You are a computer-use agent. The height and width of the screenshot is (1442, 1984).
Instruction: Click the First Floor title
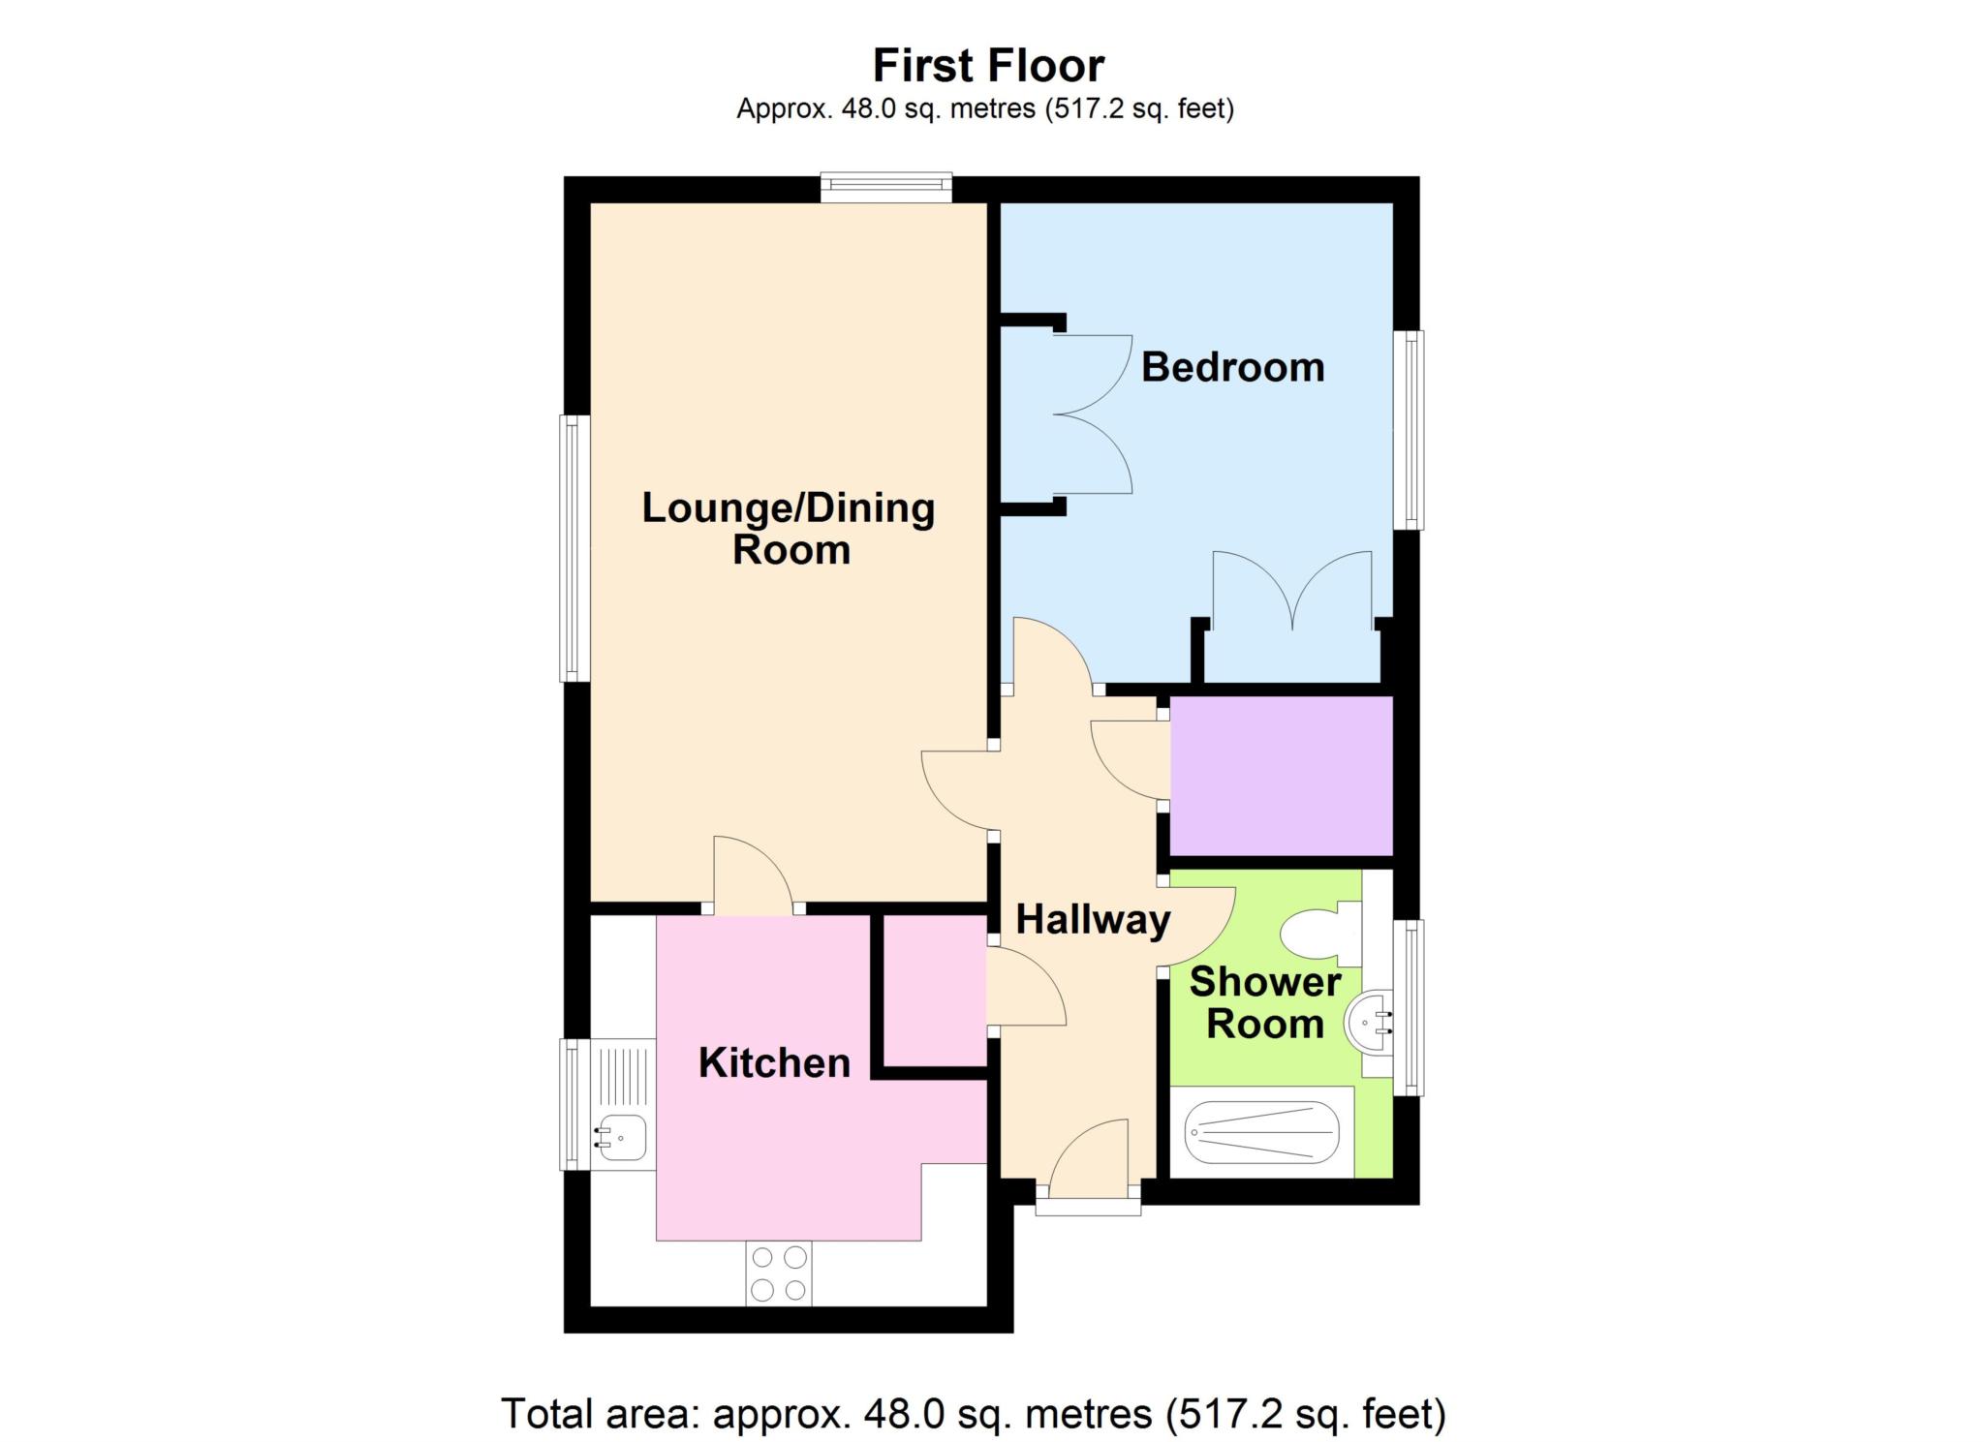tap(987, 66)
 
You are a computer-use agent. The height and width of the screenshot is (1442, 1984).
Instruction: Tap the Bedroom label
tap(1231, 368)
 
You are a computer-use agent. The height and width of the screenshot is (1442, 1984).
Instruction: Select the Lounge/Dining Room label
tap(789, 528)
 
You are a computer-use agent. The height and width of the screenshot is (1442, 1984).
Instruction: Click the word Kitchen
tap(774, 1063)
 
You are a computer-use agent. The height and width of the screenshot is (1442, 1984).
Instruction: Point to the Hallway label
tap(1092, 919)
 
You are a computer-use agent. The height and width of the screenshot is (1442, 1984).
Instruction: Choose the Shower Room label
tap(1264, 1002)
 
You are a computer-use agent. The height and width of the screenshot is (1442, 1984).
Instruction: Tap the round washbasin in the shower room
tap(1368, 1019)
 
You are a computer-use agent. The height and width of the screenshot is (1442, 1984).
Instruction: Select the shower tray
tap(1261, 1131)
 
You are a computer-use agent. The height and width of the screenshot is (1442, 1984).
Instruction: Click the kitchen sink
tap(621, 1137)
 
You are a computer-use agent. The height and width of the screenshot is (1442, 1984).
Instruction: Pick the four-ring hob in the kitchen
tap(779, 1273)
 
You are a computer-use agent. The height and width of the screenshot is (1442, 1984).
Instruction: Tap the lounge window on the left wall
tap(573, 548)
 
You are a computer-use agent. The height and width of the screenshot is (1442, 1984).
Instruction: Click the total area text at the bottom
tap(973, 1414)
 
